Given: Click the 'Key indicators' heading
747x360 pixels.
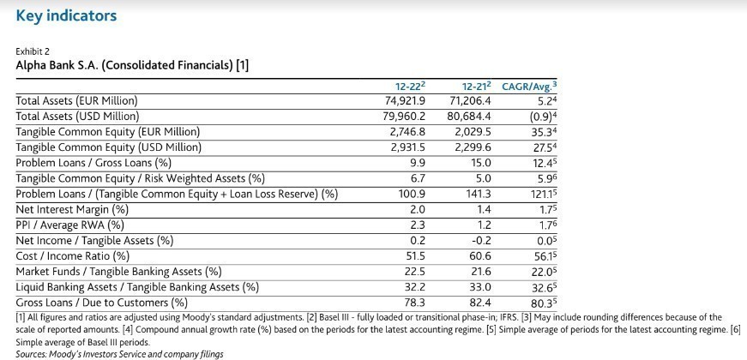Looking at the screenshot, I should point(66,15).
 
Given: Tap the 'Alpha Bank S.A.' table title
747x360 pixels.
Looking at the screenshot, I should point(133,65).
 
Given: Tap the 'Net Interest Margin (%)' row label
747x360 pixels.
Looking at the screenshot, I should point(72,208).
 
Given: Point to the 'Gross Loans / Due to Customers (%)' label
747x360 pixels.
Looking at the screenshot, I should point(101,302).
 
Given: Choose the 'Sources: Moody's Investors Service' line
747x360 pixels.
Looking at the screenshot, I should point(119,354).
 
